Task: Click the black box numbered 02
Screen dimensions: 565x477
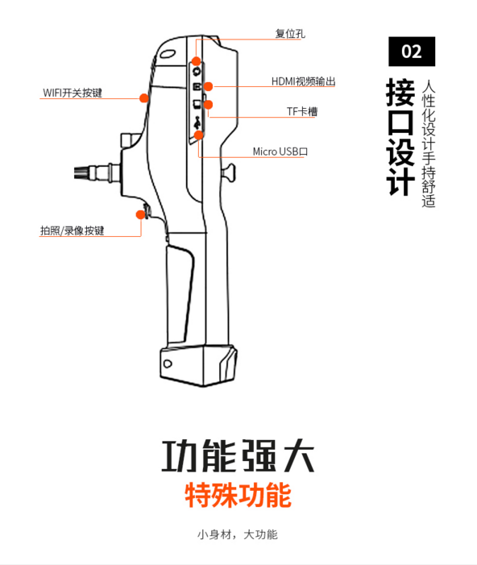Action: pyautogui.click(x=411, y=52)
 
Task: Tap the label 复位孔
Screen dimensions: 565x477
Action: pyautogui.click(x=289, y=35)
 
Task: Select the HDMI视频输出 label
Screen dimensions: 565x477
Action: pyautogui.click(x=303, y=82)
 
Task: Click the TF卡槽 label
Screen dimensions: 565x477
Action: pyautogui.click(x=302, y=112)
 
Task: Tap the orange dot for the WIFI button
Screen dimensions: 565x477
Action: pyautogui.click(x=143, y=98)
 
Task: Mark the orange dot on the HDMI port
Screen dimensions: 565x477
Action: pyautogui.click(x=208, y=85)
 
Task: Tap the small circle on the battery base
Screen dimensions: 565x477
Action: pyautogui.click(x=167, y=364)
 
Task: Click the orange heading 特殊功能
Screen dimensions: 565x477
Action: pyautogui.click(x=238, y=494)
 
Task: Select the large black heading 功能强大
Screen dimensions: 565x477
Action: pyautogui.click(x=238, y=456)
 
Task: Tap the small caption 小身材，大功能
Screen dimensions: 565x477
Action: pyautogui.click(x=238, y=534)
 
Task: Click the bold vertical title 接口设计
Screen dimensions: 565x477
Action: pyautogui.click(x=400, y=137)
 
